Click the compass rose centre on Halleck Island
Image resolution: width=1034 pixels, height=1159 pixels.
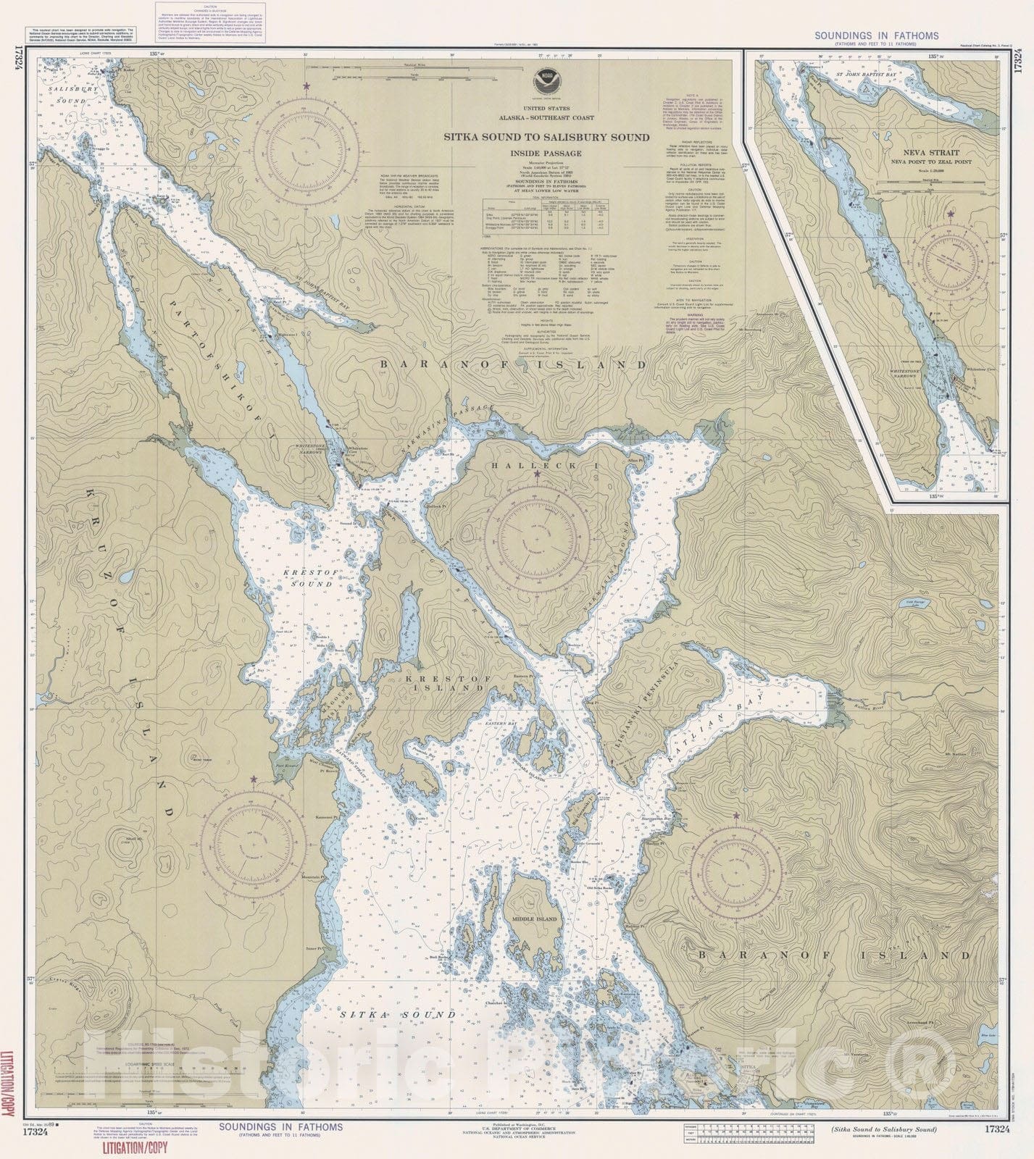537,537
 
